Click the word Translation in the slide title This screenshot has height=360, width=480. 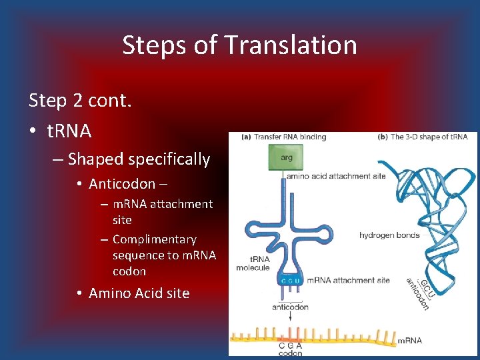click(291, 45)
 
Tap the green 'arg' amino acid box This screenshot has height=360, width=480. click(285, 159)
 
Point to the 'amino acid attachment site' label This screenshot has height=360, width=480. click(336, 177)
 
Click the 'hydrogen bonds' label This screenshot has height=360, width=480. click(389, 235)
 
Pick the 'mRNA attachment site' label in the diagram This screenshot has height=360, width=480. click(349, 281)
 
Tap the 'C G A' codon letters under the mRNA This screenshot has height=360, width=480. click(290, 345)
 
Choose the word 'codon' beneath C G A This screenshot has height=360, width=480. click(290, 353)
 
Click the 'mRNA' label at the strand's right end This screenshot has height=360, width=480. click(409, 341)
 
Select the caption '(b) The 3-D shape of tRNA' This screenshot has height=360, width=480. click(422, 137)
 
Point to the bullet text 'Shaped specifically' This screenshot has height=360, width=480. click(139, 159)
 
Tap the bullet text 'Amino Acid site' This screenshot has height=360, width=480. click(139, 293)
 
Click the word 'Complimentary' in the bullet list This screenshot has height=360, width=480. click(155, 239)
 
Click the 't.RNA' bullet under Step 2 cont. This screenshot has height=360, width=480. click(69, 131)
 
